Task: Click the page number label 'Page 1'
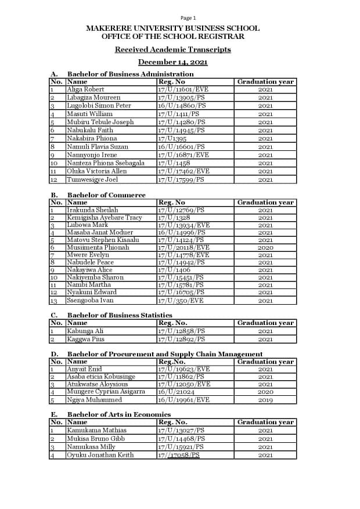[188, 18]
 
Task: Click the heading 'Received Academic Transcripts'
[172, 49]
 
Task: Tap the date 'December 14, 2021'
[172, 62]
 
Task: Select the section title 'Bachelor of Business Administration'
[130, 74]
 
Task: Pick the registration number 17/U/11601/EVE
[183, 89]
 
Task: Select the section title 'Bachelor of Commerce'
[106, 195]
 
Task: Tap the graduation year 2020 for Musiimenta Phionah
[265, 248]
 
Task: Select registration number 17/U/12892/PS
[181, 339]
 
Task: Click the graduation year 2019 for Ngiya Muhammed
[265, 400]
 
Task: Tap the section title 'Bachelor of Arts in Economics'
[119, 414]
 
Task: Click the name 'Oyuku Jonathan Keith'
[100, 455]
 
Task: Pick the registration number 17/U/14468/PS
[181, 439]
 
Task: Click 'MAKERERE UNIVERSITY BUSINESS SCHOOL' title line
[172, 28]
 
